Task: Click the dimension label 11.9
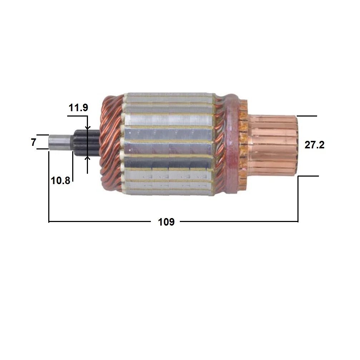[79, 108]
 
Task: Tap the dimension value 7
[34, 142]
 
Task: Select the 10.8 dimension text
[60, 181]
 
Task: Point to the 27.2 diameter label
[314, 145]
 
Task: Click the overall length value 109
[166, 222]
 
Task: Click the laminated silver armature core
[168, 143]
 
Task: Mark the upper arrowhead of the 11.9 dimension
[87, 128]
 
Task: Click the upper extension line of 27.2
[307, 116]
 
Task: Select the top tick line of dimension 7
[43, 135]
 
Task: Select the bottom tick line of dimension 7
[43, 149]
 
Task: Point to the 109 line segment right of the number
[238, 222]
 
